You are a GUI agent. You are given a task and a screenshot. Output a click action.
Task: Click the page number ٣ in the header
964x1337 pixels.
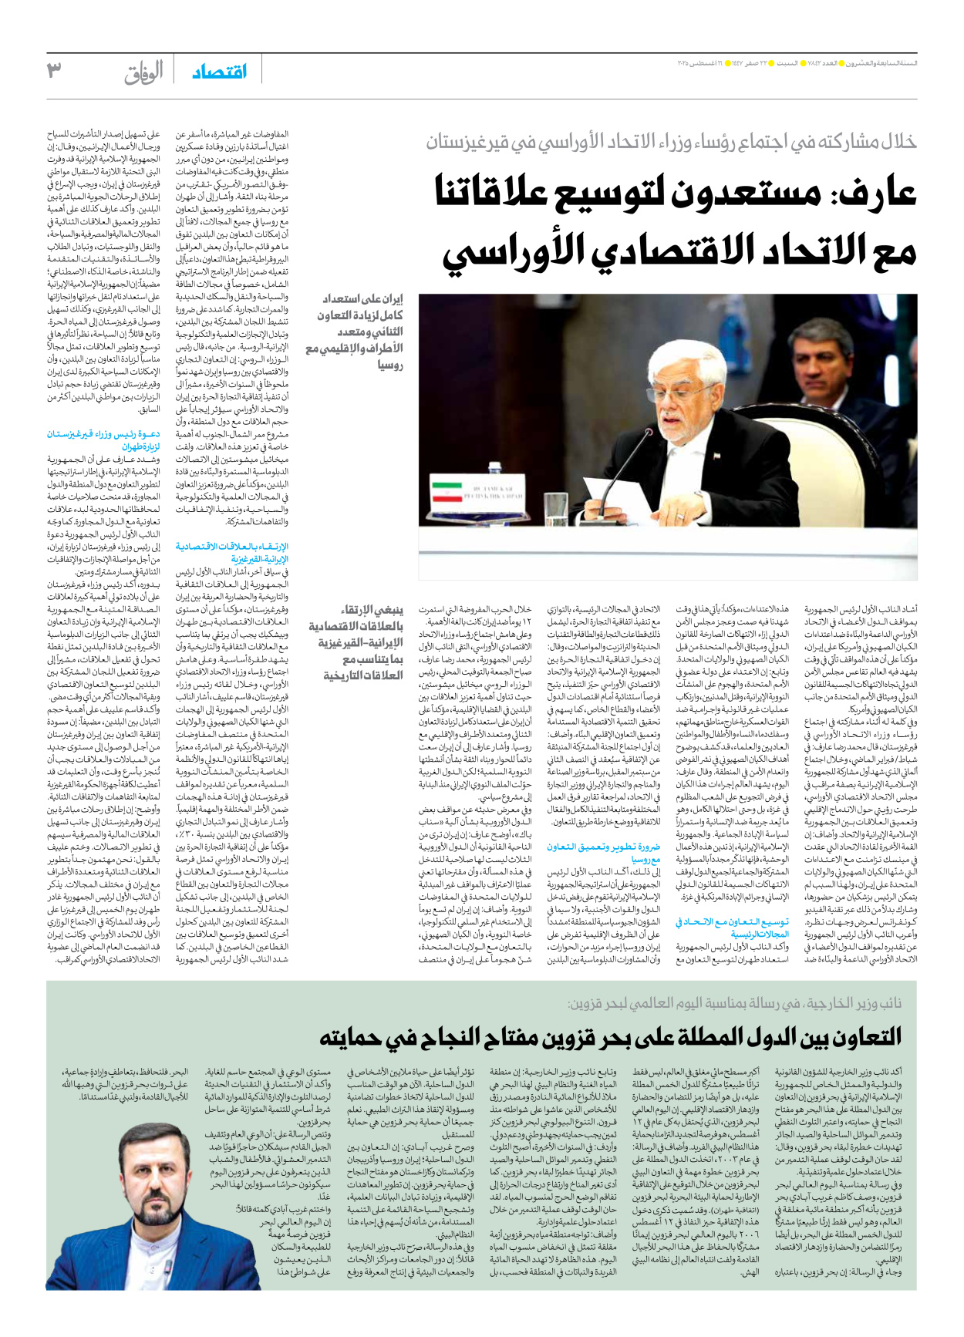pos(54,70)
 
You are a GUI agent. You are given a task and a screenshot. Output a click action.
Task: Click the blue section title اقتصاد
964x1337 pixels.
pos(220,72)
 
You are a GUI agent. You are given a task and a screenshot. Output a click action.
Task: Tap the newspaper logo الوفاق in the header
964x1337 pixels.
pos(144,72)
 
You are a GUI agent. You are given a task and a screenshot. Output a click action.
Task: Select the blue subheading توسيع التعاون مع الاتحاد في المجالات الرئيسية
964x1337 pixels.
pos(733,928)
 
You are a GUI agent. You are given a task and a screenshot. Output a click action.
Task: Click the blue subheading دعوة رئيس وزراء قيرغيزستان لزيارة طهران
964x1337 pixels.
pos(103,440)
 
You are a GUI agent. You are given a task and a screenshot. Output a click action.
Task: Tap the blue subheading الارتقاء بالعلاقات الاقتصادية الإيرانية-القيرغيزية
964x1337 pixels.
pos(231,552)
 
